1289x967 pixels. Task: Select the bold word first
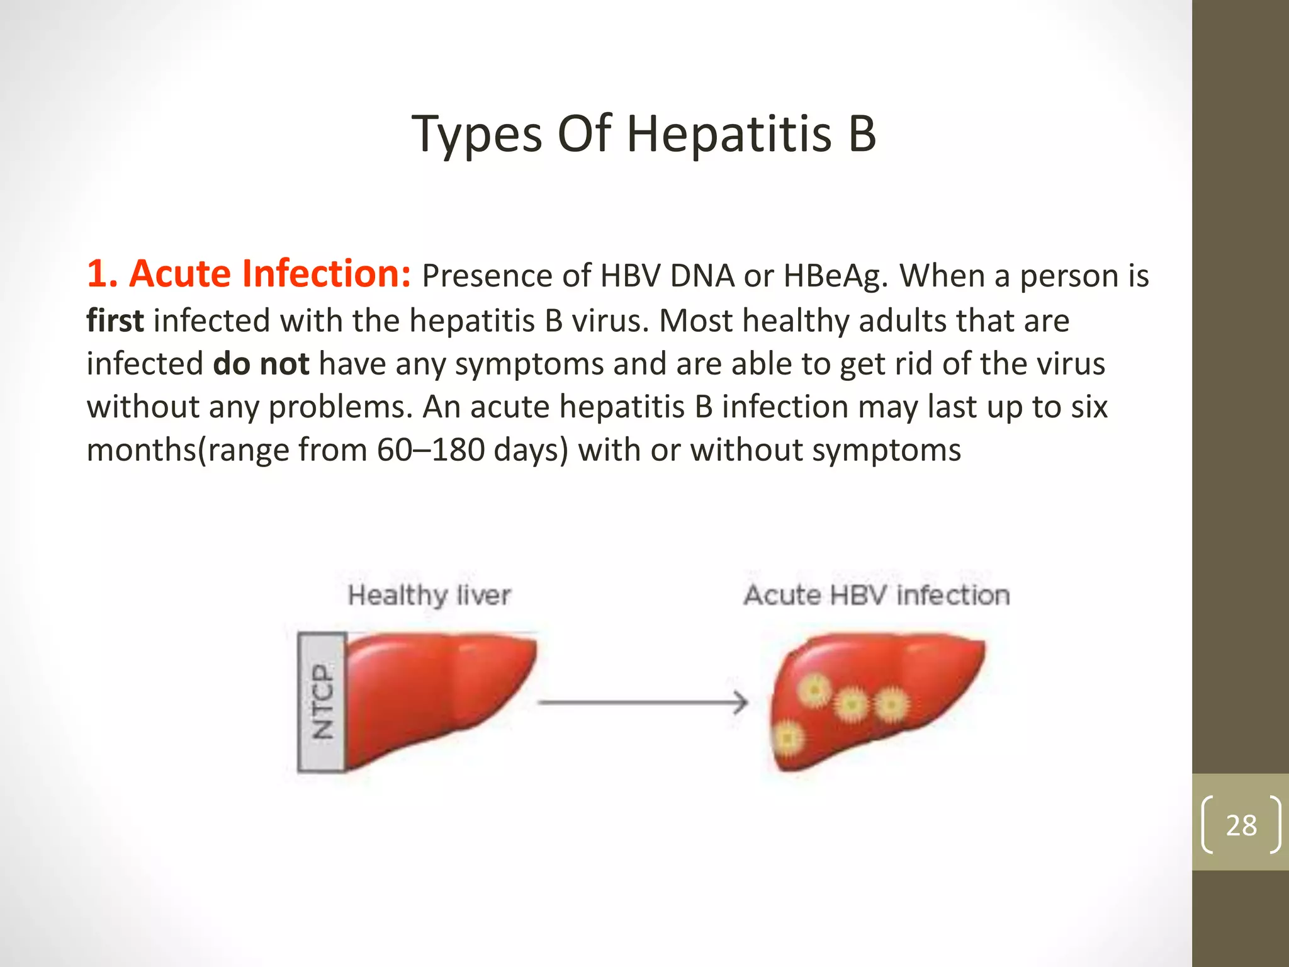click(x=115, y=320)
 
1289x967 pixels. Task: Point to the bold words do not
click(x=261, y=364)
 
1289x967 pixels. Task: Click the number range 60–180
click(x=431, y=450)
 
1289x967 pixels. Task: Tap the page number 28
click(x=1241, y=825)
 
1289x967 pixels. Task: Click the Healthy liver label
click(x=429, y=596)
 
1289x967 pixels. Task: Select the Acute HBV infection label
click(x=876, y=596)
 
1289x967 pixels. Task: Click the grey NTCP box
click(x=322, y=702)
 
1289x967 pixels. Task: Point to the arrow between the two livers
click(x=642, y=702)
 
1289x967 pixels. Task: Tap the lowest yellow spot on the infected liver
click(x=788, y=738)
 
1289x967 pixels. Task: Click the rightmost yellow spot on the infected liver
click(x=891, y=704)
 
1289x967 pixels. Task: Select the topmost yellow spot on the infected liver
click(x=814, y=690)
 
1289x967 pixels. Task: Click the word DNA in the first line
click(x=702, y=276)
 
